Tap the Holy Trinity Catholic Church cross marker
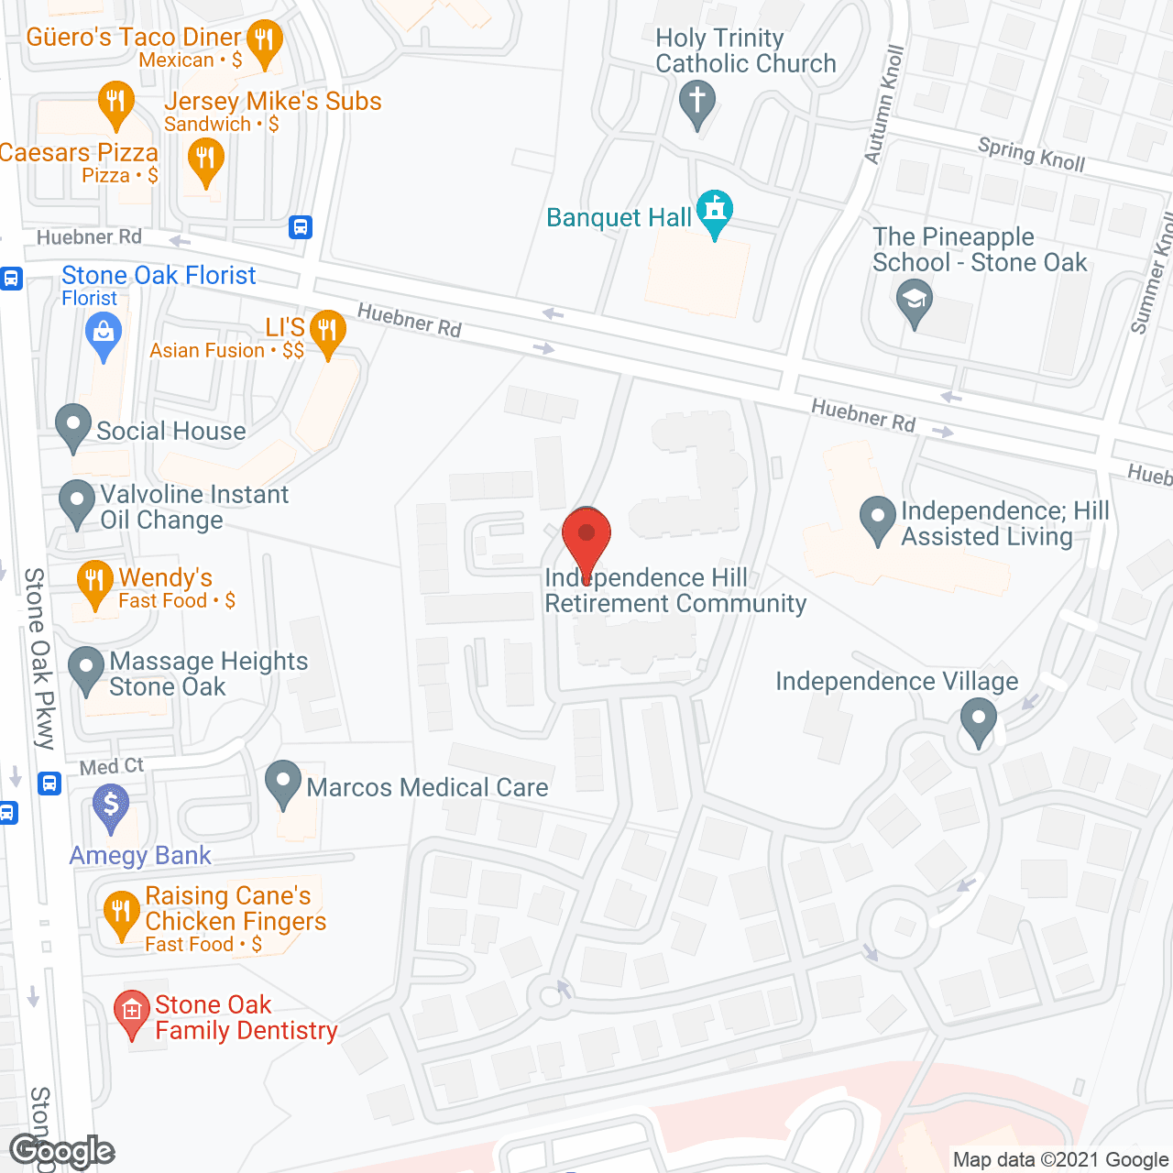pos(697,101)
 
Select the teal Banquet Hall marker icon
pos(715,212)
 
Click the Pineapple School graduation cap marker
pos(914,300)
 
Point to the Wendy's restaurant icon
pos(94,581)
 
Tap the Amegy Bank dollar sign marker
pos(111,806)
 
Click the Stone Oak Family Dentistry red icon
pos(132,1012)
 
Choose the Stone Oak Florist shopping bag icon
pos(103,333)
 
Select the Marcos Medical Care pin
pos(283,782)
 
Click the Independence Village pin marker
pos(979,719)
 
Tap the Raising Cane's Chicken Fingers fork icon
pos(121,913)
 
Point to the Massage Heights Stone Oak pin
pos(86,668)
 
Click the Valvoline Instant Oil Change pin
pos(77,501)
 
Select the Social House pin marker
pos(73,424)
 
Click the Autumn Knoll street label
pos(884,104)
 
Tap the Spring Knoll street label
pos(1031,154)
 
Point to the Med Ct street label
pos(112,766)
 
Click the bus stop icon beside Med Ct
pos(49,783)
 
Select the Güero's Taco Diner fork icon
pos(264,40)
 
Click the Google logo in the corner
pos(61,1151)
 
